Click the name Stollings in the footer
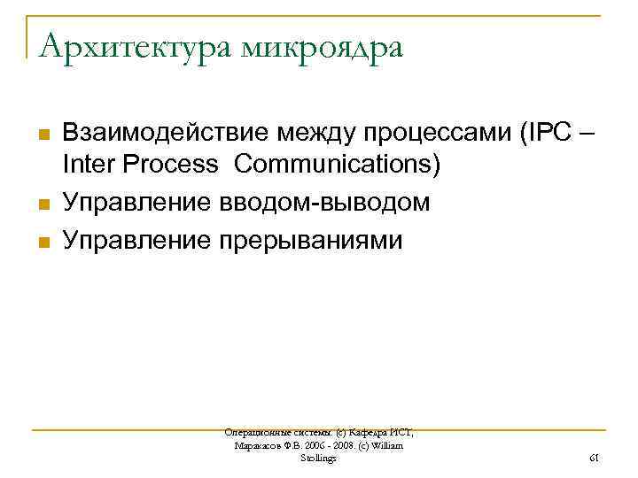(319, 459)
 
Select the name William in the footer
(385, 445)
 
